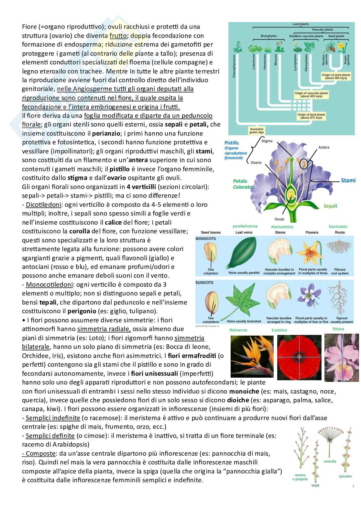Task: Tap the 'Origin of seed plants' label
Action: (334, 76)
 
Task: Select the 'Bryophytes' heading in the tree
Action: (268, 36)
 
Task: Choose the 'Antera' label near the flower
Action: (323, 147)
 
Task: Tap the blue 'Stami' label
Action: (348, 180)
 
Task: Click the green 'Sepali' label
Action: (330, 206)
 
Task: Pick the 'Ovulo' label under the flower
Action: (279, 219)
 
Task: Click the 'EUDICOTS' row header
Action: (204, 283)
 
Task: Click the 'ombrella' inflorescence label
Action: (330, 461)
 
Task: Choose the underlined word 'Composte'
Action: (40, 453)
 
